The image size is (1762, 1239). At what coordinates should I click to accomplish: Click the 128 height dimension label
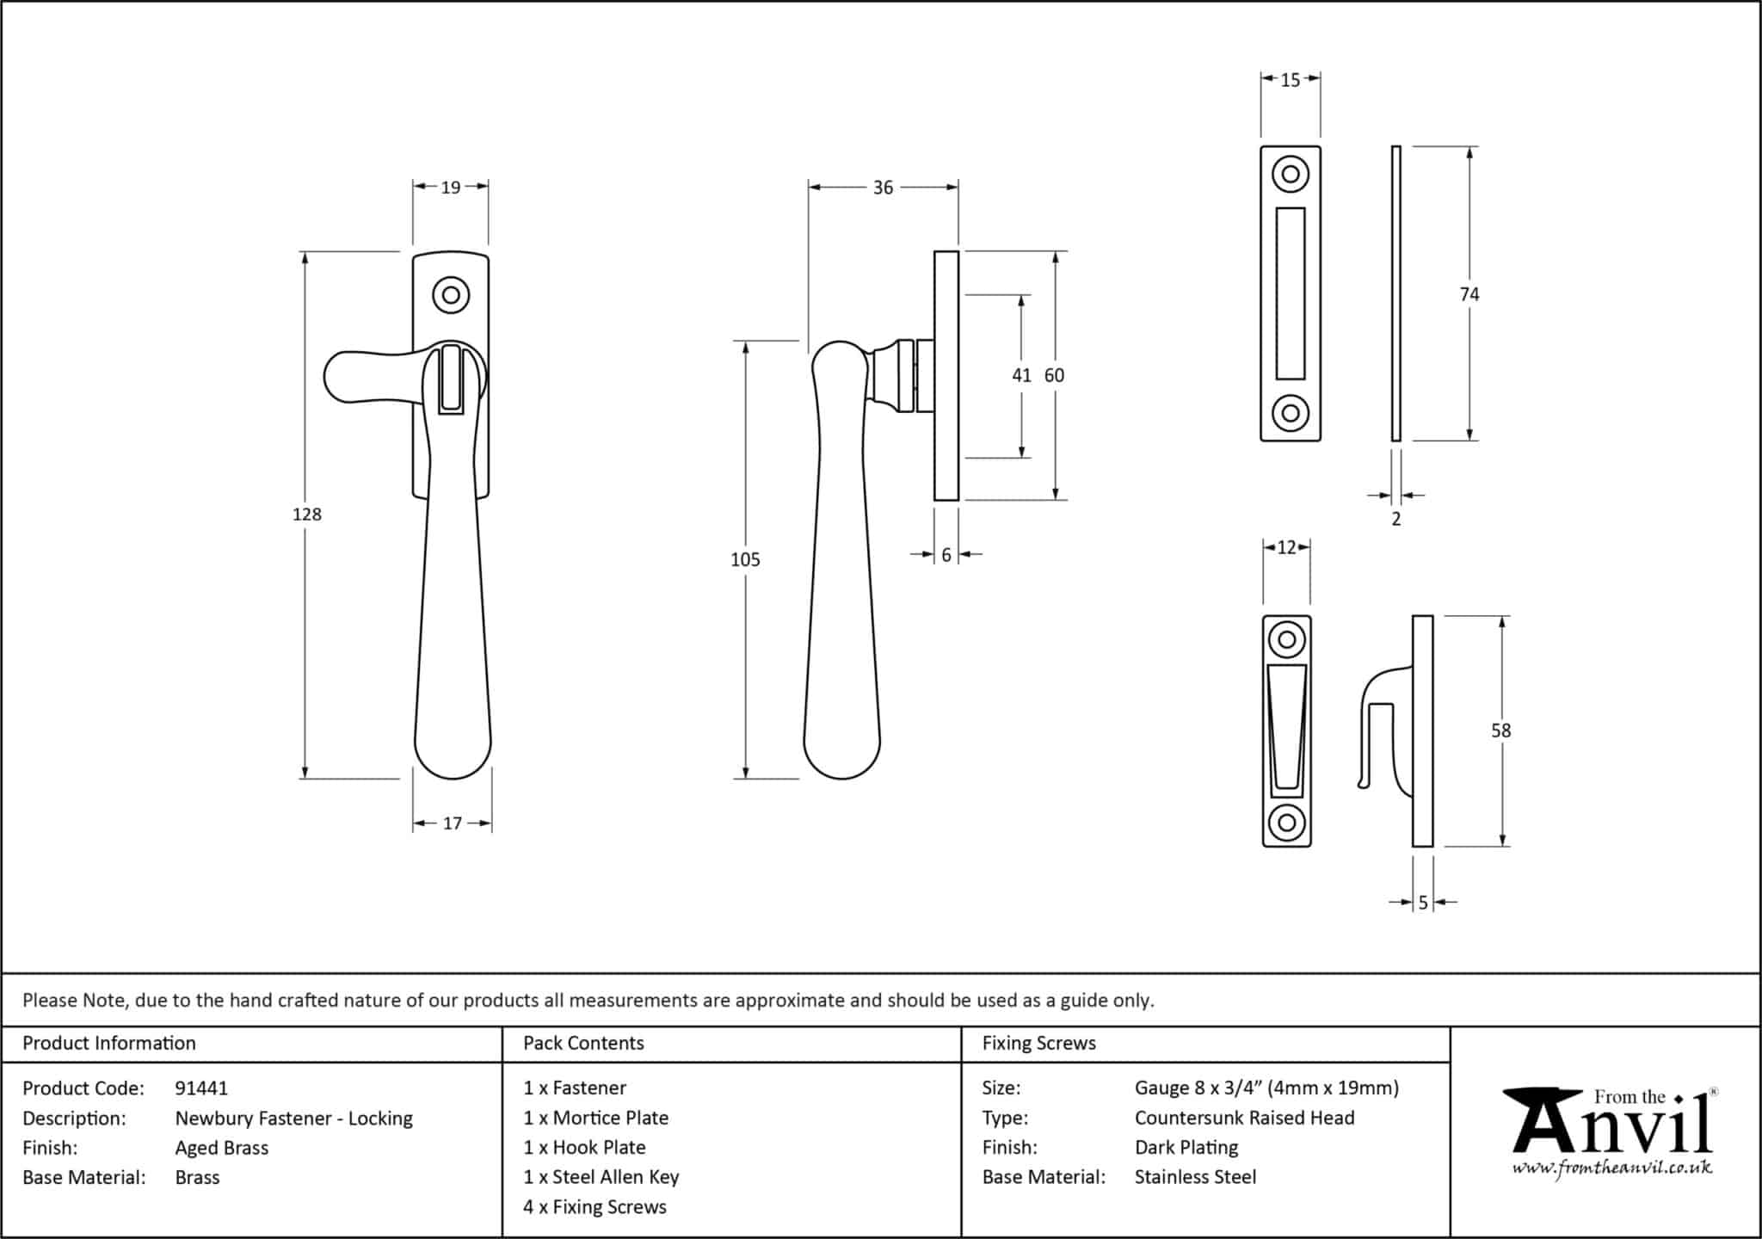pos(306,515)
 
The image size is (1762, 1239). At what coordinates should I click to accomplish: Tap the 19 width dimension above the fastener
pos(451,187)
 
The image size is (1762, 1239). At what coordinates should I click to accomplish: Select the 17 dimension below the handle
pos(453,823)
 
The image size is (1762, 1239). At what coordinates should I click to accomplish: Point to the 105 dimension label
pos(745,560)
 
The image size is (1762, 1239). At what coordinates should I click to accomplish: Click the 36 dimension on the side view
pos(883,188)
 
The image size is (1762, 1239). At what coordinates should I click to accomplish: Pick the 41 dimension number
pos(1021,375)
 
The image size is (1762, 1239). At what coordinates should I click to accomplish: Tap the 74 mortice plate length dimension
pos(1469,294)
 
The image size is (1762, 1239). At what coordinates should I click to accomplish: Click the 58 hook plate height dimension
pos(1500,730)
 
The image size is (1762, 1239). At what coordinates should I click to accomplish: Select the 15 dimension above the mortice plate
pos(1290,80)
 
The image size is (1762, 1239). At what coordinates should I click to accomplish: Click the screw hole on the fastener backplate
pos(451,296)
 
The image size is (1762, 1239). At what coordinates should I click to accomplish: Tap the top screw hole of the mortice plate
pos(1290,175)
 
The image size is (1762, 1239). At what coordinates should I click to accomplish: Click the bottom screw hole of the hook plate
pos(1286,822)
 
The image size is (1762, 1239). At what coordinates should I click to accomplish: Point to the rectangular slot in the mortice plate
pos(1290,293)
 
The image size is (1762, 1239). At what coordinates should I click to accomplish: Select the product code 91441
pos(201,1088)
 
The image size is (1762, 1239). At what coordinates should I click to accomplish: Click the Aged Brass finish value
pos(222,1148)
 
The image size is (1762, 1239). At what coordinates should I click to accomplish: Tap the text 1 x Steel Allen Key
pos(601,1177)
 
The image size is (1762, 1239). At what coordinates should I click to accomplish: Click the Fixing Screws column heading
pos(1038,1044)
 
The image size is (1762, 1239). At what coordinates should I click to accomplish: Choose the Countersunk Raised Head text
pos(1244,1118)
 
